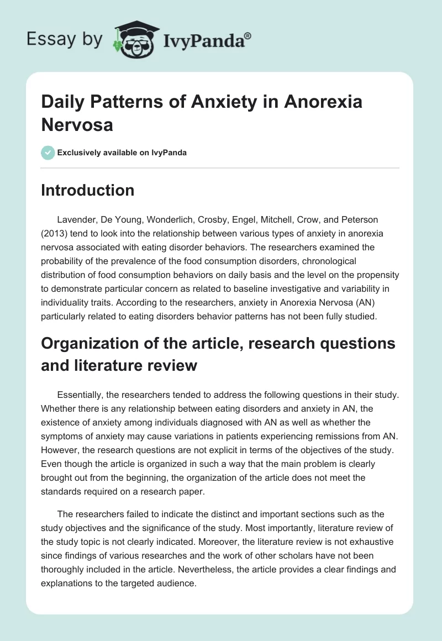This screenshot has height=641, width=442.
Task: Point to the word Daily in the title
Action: [x=61, y=102]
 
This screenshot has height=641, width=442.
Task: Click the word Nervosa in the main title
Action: [x=77, y=124]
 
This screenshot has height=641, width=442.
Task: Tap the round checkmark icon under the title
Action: [x=48, y=153]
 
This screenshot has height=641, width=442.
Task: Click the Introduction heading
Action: [x=88, y=190]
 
